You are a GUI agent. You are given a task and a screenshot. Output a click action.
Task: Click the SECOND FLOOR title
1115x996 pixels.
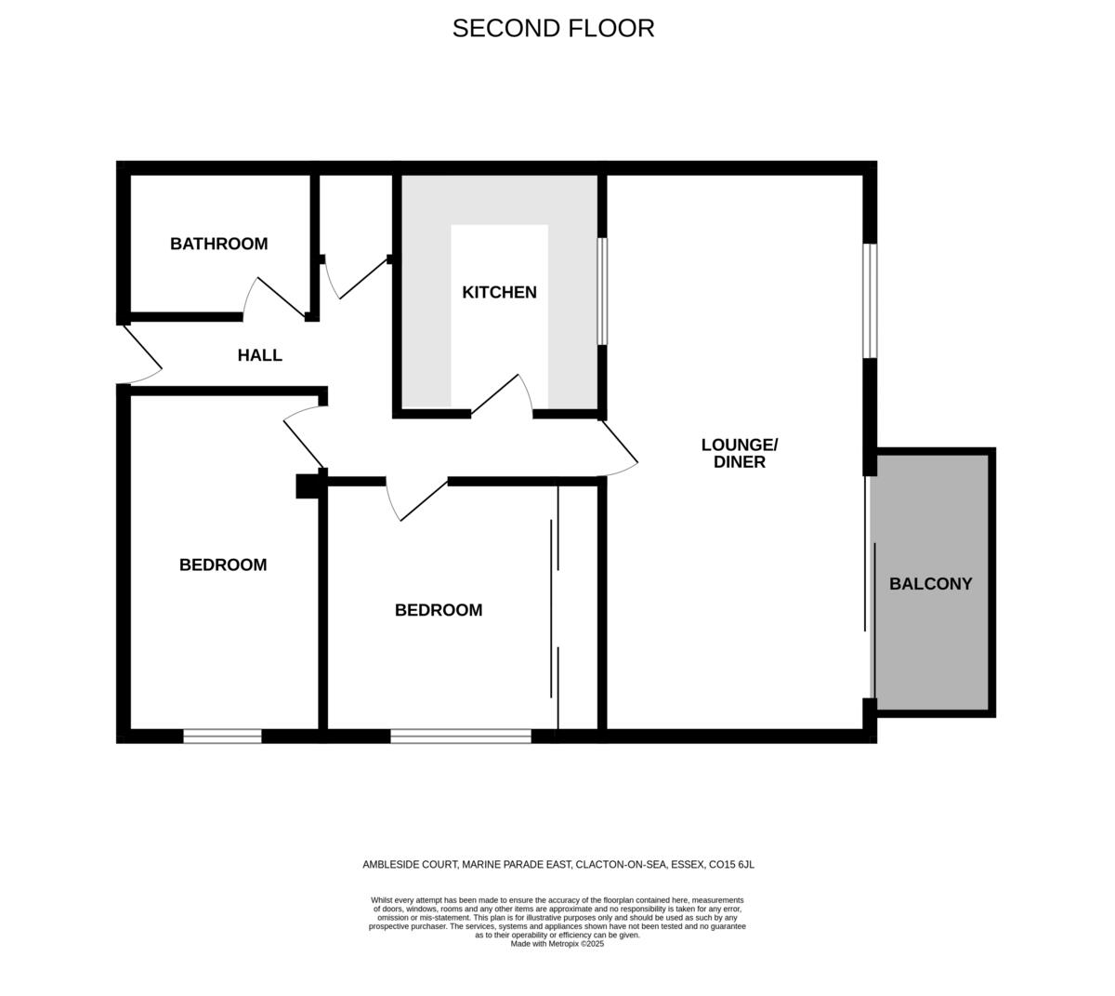pos(553,28)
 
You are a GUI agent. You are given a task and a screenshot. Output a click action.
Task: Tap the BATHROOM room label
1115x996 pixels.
pos(218,244)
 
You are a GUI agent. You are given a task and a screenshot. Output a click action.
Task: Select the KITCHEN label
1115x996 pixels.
pos(499,292)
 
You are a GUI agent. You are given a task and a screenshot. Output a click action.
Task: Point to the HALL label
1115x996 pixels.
pos(259,355)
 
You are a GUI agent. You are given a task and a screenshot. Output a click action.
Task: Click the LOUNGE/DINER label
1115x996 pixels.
pos(739,453)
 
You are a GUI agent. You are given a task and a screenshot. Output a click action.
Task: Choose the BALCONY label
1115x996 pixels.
pos(930,584)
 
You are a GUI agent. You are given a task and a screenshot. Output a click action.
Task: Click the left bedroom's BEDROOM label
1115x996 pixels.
pos(223,564)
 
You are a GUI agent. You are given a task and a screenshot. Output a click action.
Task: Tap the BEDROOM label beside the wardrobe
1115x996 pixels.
pos(439,610)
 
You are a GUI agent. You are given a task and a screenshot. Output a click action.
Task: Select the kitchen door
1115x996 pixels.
pos(502,395)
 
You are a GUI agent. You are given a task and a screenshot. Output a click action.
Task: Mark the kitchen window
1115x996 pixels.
pos(602,291)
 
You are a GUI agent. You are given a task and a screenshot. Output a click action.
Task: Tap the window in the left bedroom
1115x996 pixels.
pos(222,736)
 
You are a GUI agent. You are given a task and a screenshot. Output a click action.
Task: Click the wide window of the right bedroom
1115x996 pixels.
pos(460,736)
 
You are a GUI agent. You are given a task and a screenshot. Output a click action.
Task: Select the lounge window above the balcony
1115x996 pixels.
pos(870,300)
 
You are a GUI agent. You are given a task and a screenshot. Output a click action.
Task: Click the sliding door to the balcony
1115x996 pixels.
pos(870,586)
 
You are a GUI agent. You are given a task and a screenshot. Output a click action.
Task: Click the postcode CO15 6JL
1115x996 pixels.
pos(731,865)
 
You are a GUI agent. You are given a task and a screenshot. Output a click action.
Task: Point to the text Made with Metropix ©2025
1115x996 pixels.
pos(557,943)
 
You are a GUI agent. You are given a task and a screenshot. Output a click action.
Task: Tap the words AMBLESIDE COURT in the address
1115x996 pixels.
pos(410,865)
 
